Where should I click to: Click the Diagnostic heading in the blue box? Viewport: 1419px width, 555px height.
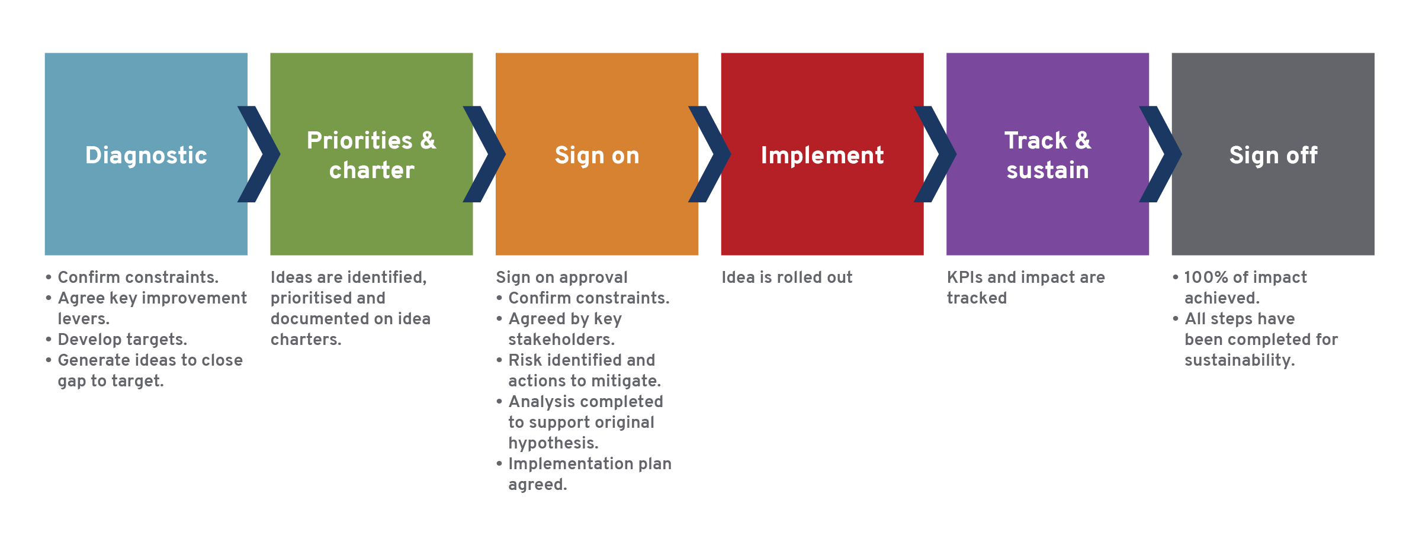click(146, 156)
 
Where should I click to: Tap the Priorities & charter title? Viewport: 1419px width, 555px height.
click(371, 155)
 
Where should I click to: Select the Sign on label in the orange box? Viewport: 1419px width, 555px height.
click(597, 156)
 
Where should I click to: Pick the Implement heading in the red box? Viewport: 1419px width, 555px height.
click(822, 156)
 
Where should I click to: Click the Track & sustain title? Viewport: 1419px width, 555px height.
click(1048, 155)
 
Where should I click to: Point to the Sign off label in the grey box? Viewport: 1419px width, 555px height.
click(1273, 155)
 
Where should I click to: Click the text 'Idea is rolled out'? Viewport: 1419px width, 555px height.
click(787, 277)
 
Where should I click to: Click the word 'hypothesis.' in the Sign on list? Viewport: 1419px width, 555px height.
click(553, 444)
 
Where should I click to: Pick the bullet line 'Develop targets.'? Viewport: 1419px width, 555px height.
click(116, 340)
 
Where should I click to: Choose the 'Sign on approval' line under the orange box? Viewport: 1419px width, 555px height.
click(561, 278)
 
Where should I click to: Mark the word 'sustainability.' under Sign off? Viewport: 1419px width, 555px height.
click(1240, 361)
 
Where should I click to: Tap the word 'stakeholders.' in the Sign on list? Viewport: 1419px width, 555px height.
click(561, 340)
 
